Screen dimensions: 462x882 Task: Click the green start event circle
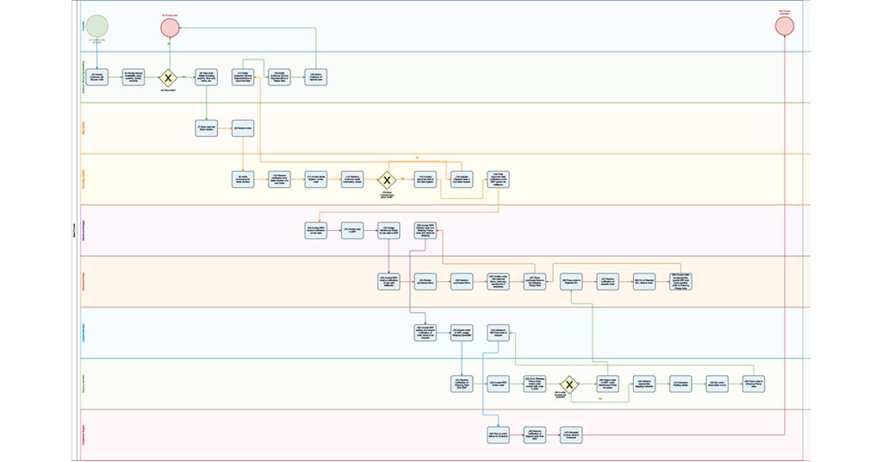pyautogui.click(x=97, y=26)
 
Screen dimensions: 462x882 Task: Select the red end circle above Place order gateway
pyautogui.click(x=170, y=27)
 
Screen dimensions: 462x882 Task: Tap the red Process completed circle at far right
pyautogui.click(x=784, y=26)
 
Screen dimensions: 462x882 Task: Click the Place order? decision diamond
pyautogui.click(x=170, y=78)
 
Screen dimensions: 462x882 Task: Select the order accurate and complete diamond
pyautogui.click(x=568, y=384)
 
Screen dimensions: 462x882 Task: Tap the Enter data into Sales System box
pyautogui.click(x=207, y=128)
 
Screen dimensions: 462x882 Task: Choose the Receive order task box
pyautogui.click(x=243, y=128)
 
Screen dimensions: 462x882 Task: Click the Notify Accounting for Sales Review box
pyautogui.click(x=243, y=179)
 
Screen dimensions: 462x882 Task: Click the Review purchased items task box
pyautogui.click(x=426, y=281)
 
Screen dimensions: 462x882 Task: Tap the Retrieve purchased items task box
pyautogui.click(x=463, y=281)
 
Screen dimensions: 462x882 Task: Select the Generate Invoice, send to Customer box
pyautogui.click(x=573, y=434)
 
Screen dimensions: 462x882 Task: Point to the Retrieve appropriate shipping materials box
pyautogui.click(x=643, y=384)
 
